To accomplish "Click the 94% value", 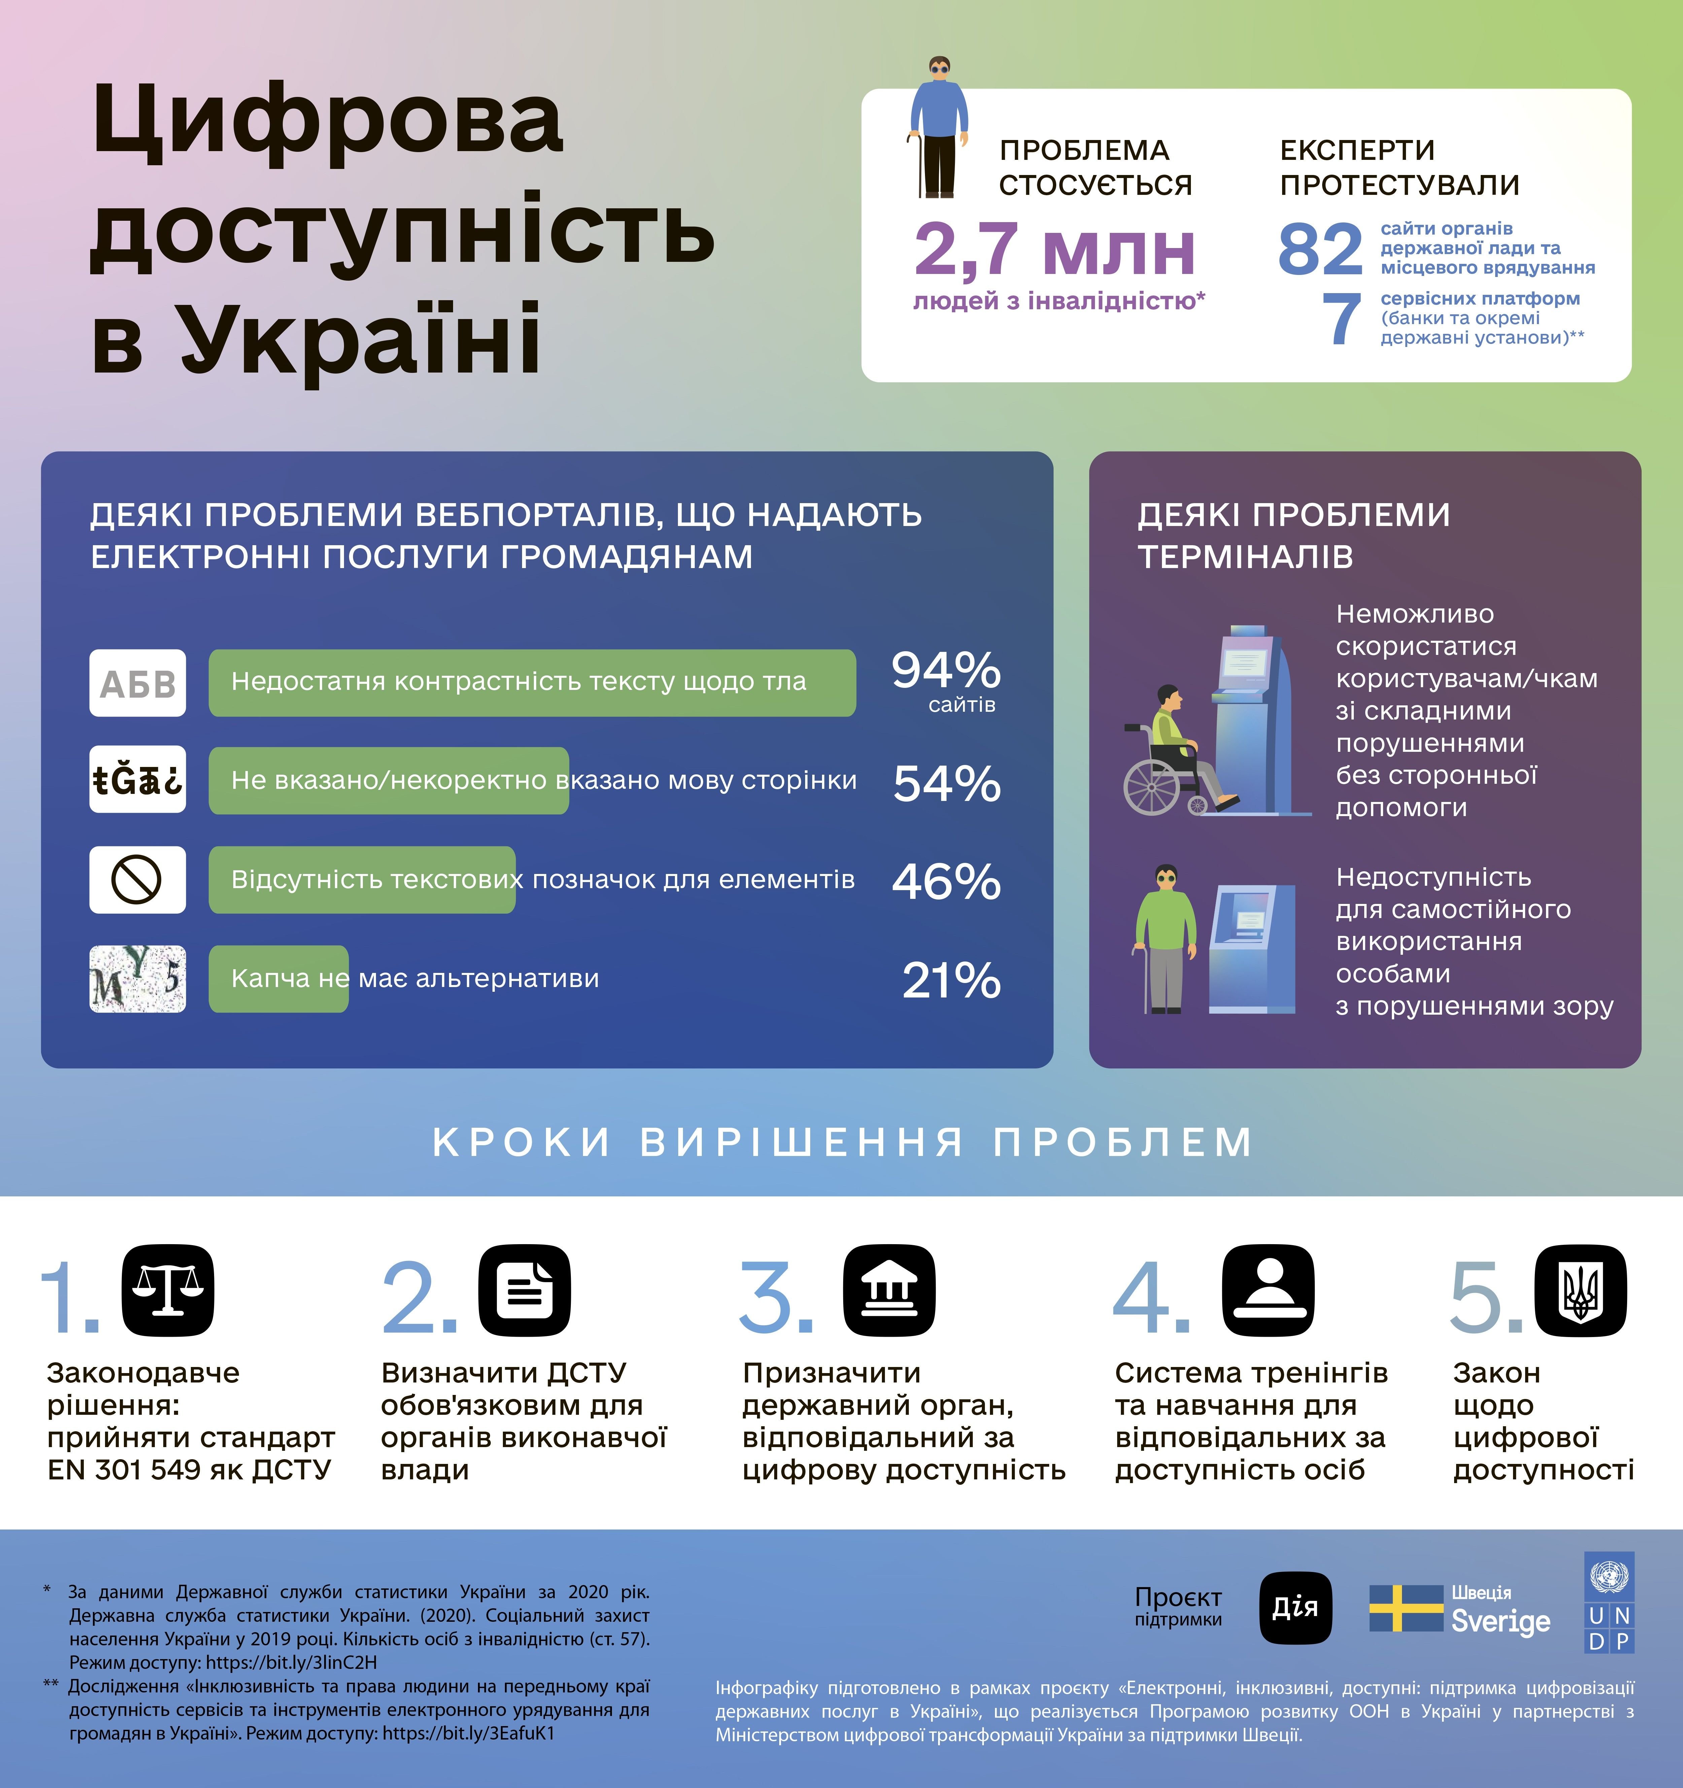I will click(946, 670).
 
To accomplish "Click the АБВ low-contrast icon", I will click(138, 683).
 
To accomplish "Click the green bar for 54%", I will click(388, 781).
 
